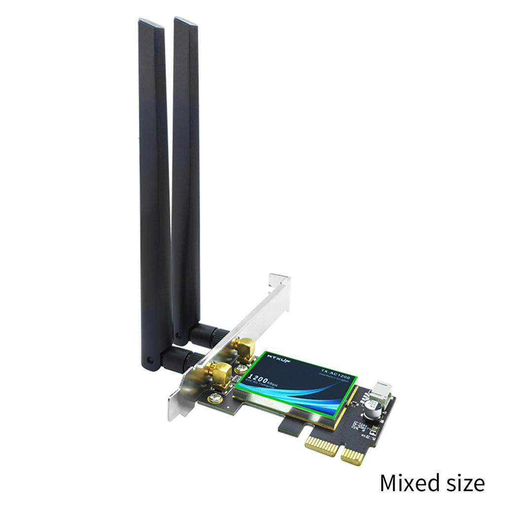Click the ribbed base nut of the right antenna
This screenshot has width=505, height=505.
(x=207, y=332)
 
